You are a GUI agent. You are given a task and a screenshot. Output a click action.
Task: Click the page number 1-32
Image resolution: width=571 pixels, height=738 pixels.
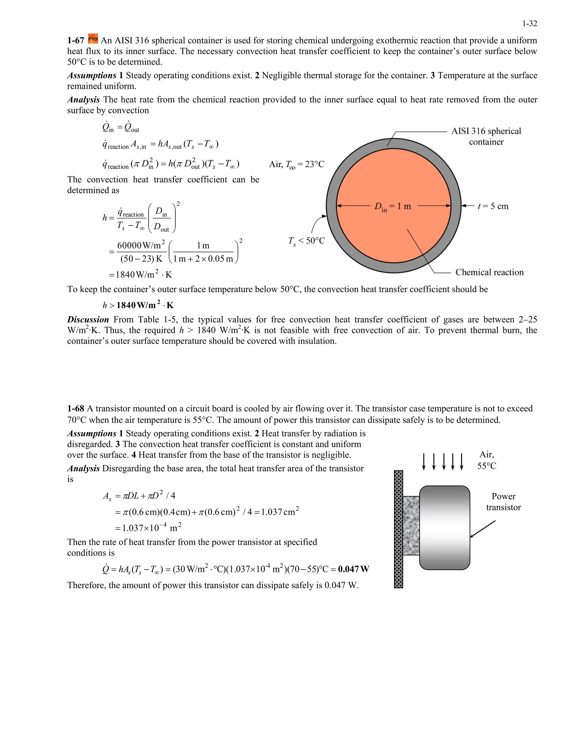(529, 24)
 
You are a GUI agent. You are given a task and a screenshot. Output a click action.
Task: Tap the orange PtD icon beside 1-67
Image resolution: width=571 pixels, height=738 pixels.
(93, 39)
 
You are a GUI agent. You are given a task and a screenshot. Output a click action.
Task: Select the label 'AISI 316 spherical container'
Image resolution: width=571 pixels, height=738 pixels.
(486, 136)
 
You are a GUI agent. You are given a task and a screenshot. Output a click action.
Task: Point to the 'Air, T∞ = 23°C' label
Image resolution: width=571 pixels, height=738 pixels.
(296, 165)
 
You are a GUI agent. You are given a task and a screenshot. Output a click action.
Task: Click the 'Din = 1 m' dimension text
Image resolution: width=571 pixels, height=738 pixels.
(392, 206)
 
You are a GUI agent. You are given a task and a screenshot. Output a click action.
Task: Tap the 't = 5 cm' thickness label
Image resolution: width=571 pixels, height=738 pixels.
(493, 206)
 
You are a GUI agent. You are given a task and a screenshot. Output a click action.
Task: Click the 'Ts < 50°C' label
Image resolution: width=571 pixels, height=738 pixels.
(306, 241)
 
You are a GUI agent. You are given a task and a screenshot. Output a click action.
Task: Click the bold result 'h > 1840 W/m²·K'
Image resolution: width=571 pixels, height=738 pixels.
(138, 305)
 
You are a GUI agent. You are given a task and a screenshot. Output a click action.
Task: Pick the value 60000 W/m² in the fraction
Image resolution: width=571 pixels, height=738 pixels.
(141, 245)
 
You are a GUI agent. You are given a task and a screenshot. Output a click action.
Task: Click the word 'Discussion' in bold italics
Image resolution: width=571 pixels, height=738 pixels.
(88, 320)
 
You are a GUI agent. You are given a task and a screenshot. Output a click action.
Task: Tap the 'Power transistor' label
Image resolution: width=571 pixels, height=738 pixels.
(503, 502)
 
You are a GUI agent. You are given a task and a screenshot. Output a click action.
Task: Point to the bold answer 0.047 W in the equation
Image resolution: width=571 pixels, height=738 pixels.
(354, 570)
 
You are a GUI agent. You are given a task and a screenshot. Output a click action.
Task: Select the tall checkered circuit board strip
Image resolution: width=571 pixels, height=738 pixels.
(398, 529)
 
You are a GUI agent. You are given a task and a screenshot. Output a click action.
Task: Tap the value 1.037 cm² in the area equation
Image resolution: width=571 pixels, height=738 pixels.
(280, 512)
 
